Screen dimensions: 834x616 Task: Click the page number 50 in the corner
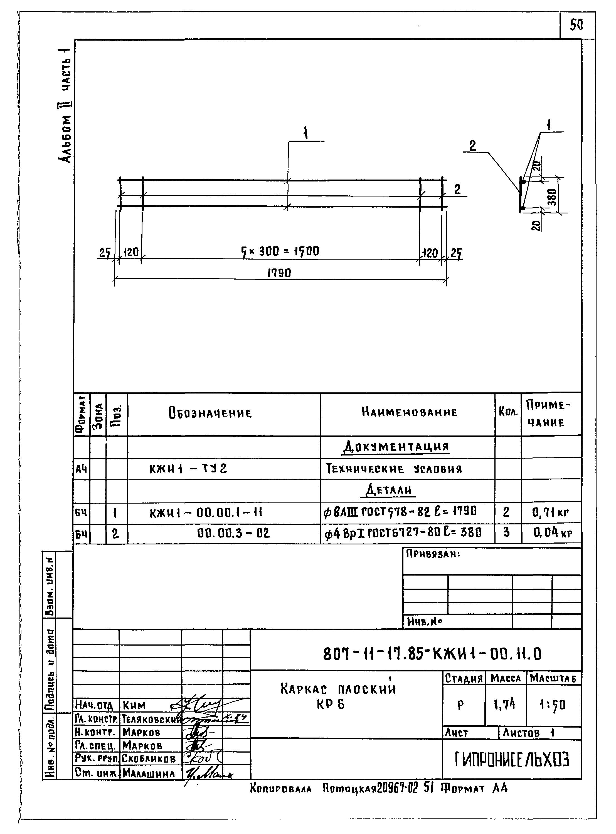point(576,25)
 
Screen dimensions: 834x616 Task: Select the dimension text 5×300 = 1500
point(280,252)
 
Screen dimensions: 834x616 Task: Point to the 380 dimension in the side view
point(552,197)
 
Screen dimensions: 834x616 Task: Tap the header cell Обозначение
point(210,413)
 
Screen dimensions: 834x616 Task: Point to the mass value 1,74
point(504,704)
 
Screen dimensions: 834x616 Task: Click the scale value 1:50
point(553,704)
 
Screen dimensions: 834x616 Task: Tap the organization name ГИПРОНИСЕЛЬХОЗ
point(512,760)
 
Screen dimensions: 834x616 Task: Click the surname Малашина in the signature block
point(148,774)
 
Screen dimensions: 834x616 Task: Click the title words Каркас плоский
point(338,689)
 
